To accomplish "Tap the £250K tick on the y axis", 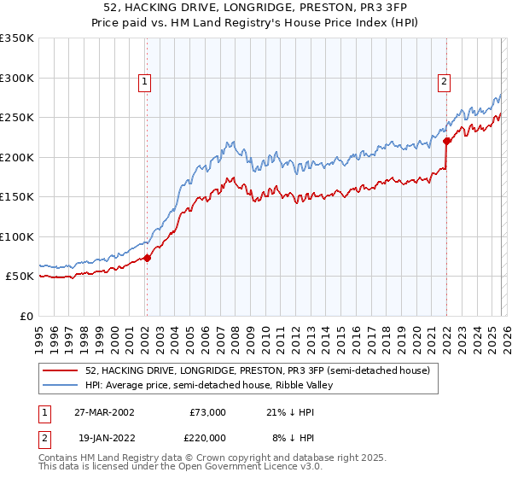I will [17, 118].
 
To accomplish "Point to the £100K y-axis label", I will [17, 236].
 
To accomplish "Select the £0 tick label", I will [26, 317].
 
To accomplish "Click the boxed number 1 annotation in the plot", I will [145, 82].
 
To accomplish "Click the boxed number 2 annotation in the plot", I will [445, 82].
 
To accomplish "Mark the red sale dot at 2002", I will [147, 258].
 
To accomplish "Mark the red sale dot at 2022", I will [445, 142].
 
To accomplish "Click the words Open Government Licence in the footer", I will [231, 468].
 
